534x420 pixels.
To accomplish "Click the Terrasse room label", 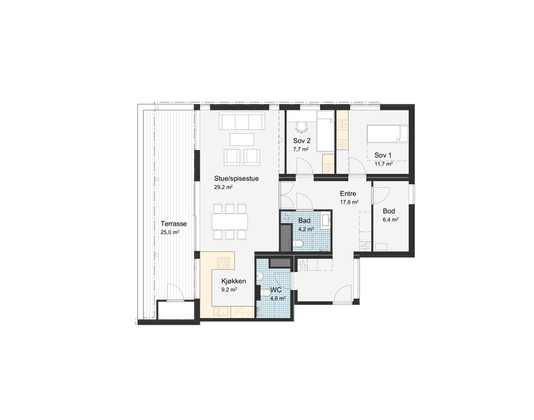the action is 173,224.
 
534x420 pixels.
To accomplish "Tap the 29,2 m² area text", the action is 223,187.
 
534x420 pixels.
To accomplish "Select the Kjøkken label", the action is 233,281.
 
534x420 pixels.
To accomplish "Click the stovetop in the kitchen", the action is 223,263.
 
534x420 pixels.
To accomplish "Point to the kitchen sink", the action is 221,311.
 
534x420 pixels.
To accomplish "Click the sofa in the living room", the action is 242,121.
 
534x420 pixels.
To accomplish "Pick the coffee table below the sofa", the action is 242,139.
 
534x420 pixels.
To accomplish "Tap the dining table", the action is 230,221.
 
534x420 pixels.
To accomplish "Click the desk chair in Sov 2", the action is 301,127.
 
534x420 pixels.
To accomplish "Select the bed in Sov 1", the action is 387,134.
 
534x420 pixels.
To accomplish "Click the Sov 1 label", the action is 383,155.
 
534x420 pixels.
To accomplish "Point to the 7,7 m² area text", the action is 301,149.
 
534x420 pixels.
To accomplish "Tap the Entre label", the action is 348,194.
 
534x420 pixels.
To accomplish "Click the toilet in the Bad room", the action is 299,243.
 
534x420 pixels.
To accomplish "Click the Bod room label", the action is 389,211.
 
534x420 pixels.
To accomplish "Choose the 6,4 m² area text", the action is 390,220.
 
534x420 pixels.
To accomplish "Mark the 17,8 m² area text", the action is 349,202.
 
